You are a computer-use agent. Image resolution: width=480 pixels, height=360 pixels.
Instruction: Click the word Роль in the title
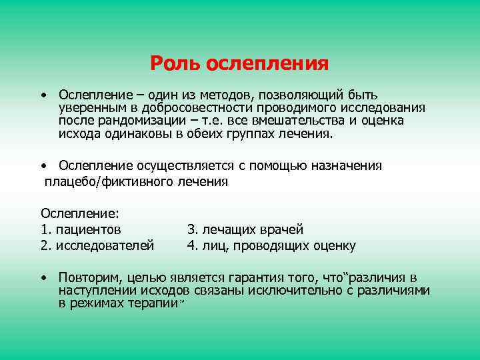click(x=175, y=64)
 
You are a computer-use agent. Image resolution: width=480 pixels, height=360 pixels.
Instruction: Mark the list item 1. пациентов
click(x=81, y=229)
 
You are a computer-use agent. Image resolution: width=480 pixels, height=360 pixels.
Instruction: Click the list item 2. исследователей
click(x=97, y=245)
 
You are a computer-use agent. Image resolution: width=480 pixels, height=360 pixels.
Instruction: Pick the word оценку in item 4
click(x=333, y=245)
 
